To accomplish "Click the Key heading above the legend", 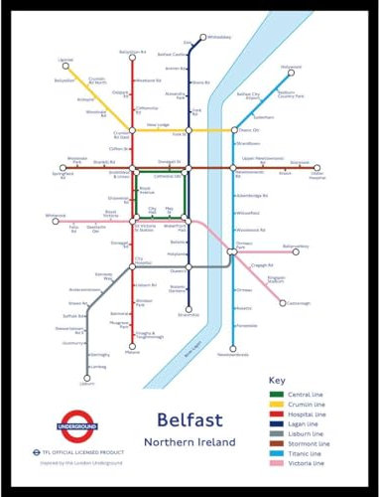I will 277,381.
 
